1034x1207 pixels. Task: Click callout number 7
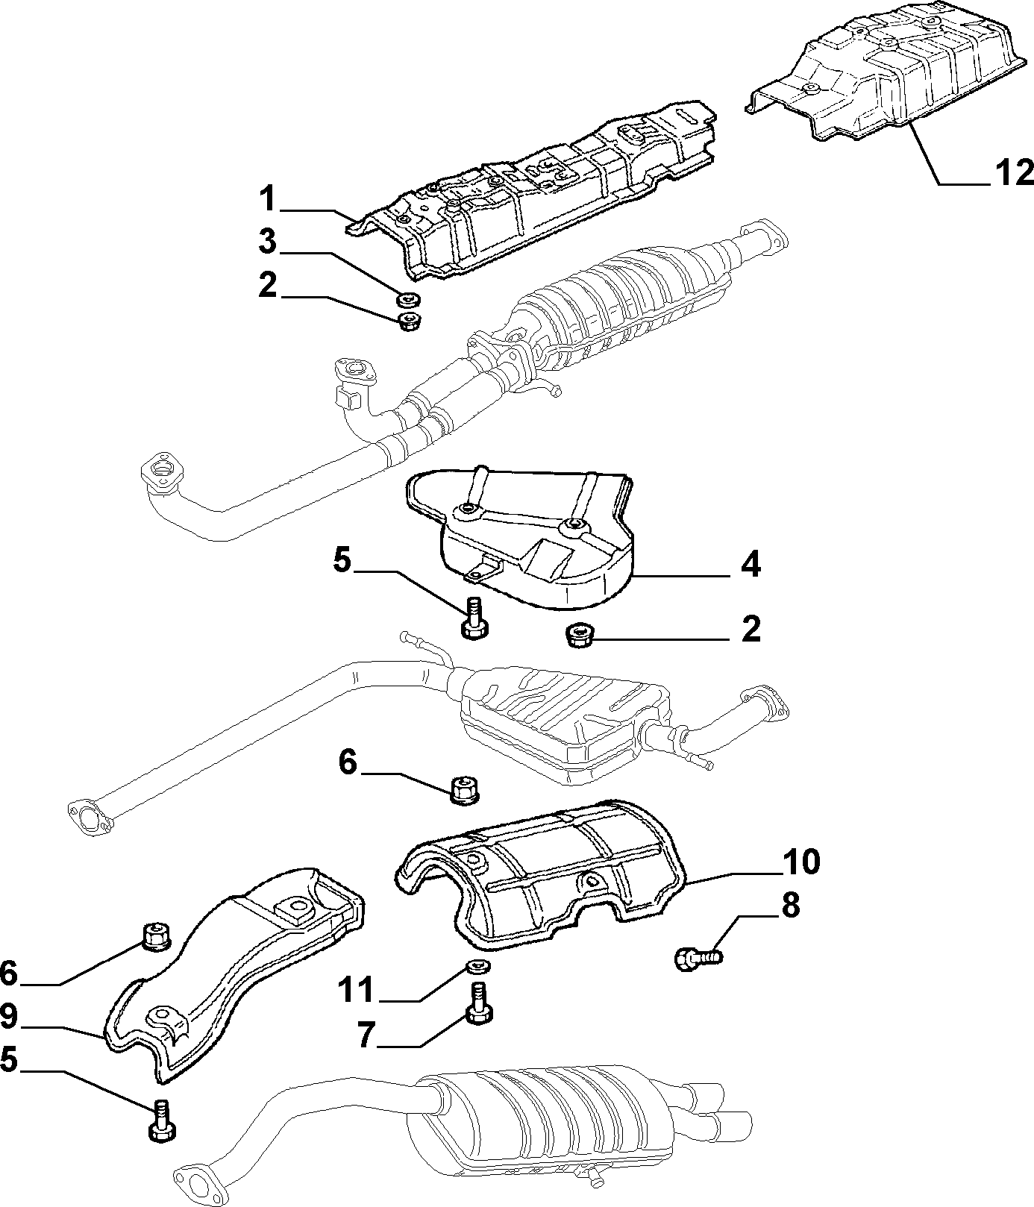click(x=365, y=1035)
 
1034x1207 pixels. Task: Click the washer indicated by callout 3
click(x=408, y=300)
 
